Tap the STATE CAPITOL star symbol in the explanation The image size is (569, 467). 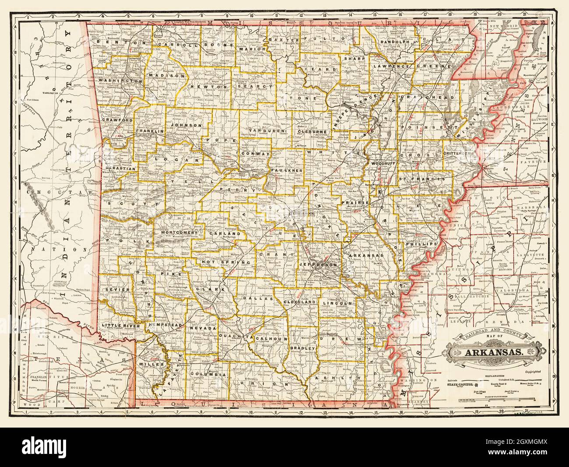[472, 383]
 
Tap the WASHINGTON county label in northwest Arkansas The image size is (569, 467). [120, 81]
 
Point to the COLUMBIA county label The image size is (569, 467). [208, 375]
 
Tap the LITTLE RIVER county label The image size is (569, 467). [120, 326]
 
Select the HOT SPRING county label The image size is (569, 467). [226, 262]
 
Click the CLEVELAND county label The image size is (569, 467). [299, 302]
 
